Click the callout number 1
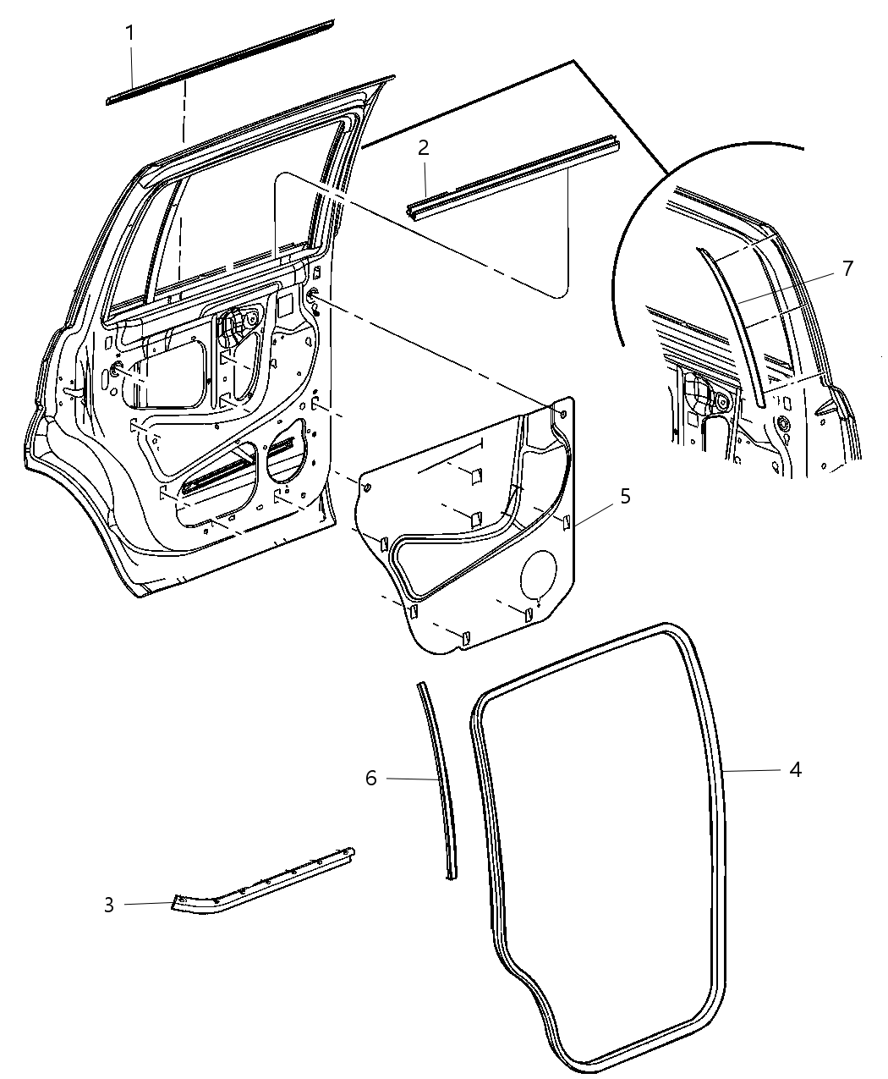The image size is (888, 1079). pyautogui.click(x=130, y=34)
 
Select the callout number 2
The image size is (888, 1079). pyautogui.click(x=423, y=148)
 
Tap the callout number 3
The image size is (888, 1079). pyautogui.click(x=108, y=905)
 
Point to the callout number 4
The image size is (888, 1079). pyautogui.click(x=795, y=769)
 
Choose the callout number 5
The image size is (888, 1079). pyautogui.click(x=625, y=496)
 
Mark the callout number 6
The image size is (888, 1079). pyautogui.click(x=371, y=778)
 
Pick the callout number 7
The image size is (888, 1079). pyautogui.click(x=848, y=269)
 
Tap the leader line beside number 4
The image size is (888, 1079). pyautogui.click(x=753, y=770)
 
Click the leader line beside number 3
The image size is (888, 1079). pyautogui.click(x=148, y=904)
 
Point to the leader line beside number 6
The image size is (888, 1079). pyautogui.click(x=410, y=778)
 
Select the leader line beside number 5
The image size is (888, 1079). pyautogui.click(x=596, y=512)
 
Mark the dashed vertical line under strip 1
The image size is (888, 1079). pyautogui.click(x=182, y=114)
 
